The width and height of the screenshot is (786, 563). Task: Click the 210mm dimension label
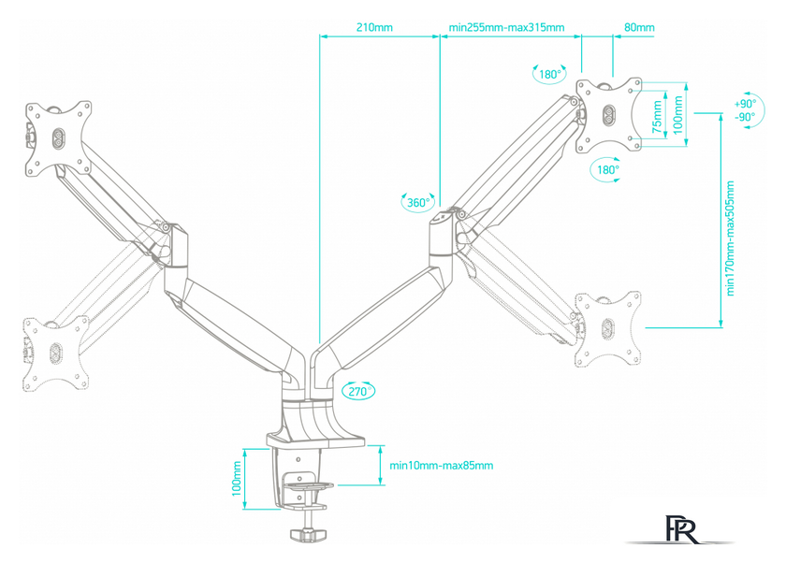pos(374,27)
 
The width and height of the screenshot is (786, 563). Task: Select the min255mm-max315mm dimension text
pos(506,27)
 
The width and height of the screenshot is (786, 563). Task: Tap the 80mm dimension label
pos(639,27)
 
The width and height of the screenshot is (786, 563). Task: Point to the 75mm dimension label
pos(657,117)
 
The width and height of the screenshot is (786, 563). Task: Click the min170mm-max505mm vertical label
pos(730,238)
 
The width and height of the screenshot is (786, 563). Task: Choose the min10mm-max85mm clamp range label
pos(441,466)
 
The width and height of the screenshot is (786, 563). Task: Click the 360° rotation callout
pos(418,202)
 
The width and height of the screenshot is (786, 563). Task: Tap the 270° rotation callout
pos(358,391)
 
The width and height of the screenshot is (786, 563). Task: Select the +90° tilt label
pos(745,104)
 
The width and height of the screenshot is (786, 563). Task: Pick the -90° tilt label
pos(745,117)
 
